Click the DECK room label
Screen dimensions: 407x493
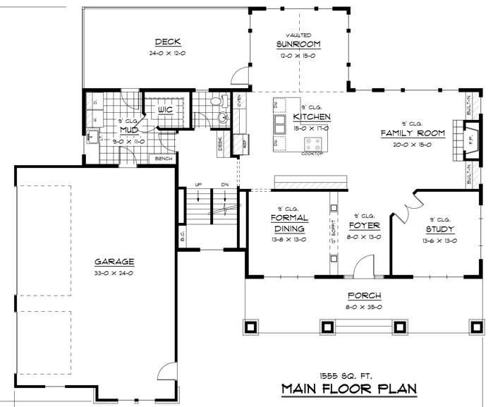(x=169, y=41)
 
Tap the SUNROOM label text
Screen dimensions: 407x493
(x=298, y=44)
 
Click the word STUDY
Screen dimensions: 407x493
(x=439, y=229)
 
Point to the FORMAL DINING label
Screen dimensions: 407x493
(x=288, y=224)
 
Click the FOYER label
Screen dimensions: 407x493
(x=364, y=226)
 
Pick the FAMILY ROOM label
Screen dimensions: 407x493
(x=413, y=133)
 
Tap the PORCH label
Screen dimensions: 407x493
(x=363, y=296)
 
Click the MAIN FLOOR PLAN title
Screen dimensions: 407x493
(x=348, y=389)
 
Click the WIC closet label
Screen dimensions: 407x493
(x=165, y=110)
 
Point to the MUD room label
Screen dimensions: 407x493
(x=128, y=130)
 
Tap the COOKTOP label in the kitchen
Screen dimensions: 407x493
(x=312, y=154)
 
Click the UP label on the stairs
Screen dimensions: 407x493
(x=199, y=184)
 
